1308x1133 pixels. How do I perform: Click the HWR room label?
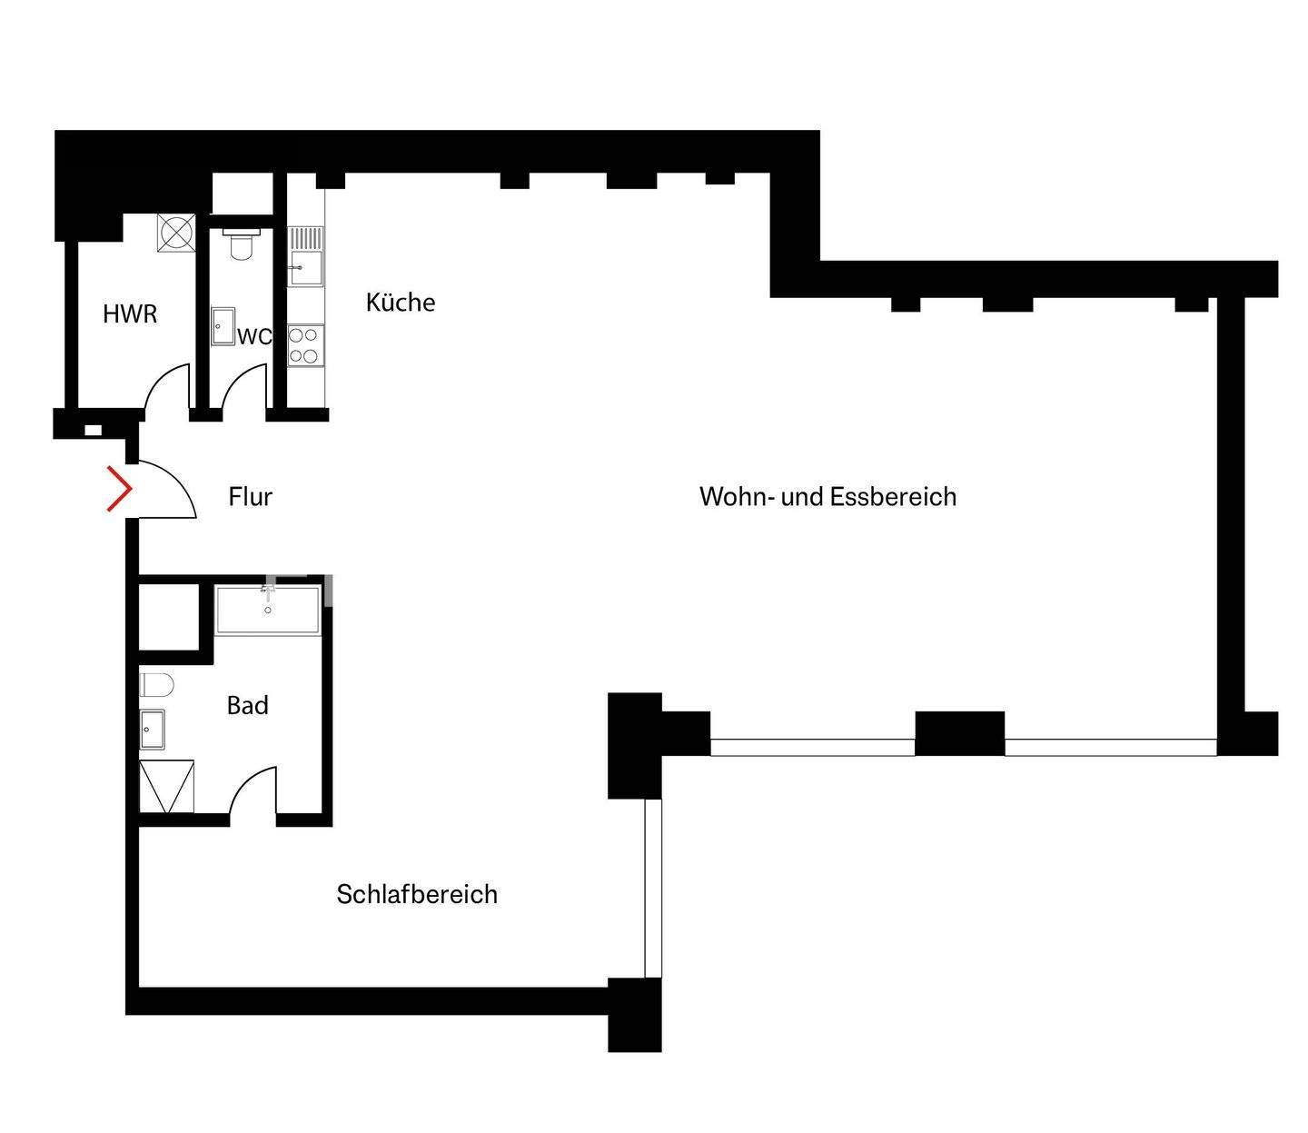coord(130,314)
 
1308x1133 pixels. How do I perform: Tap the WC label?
coord(254,336)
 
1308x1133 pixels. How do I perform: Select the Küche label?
coord(401,303)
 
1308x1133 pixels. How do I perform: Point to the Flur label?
coord(250,497)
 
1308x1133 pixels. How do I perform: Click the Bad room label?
coord(247,705)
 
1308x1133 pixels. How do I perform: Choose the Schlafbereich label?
coord(417,894)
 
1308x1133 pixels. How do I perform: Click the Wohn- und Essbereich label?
coord(827,497)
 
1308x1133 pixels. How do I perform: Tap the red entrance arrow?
coord(119,489)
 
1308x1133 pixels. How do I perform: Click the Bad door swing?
coord(253,792)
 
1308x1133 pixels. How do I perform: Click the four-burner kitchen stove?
coord(305,345)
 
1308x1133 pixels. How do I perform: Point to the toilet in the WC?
coord(241,243)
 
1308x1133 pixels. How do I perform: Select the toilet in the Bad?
coord(156,684)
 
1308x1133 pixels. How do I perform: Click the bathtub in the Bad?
coord(268,610)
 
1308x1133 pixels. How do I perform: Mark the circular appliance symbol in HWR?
coord(175,233)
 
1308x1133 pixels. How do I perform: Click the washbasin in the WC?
coord(223,326)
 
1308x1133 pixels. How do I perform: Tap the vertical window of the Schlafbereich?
coord(653,888)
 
